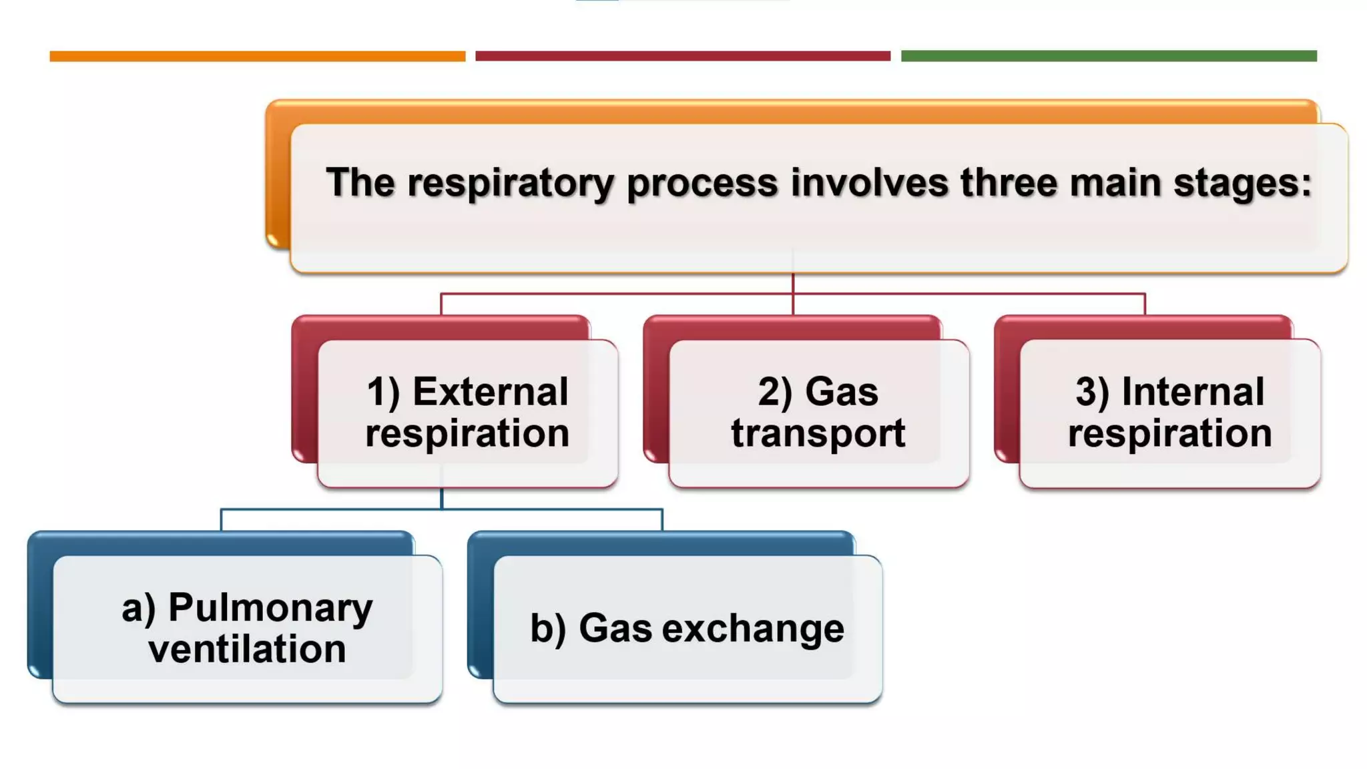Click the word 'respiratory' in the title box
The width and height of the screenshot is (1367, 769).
pyautogui.click(x=510, y=184)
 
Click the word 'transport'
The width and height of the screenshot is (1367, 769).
pyautogui.click(x=818, y=433)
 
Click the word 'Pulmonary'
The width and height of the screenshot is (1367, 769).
pyautogui.click(x=270, y=608)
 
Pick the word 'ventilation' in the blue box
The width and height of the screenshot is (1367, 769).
pyautogui.click(x=247, y=650)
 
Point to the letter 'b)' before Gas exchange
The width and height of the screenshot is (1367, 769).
pyautogui.click(x=547, y=629)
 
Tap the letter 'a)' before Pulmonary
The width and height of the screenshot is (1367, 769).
pyautogui.click(x=138, y=608)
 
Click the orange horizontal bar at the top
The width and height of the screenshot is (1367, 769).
pyautogui.click(x=257, y=56)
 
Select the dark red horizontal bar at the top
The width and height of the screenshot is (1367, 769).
pyautogui.click(x=682, y=56)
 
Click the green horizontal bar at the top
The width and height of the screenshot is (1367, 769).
pyautogui.click(x=1108, y=56)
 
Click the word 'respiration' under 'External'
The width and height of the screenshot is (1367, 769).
pyautogui.click(x=467, y=434)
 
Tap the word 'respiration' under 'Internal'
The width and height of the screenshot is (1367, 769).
pyautogui.click(x=1169, y=434)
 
